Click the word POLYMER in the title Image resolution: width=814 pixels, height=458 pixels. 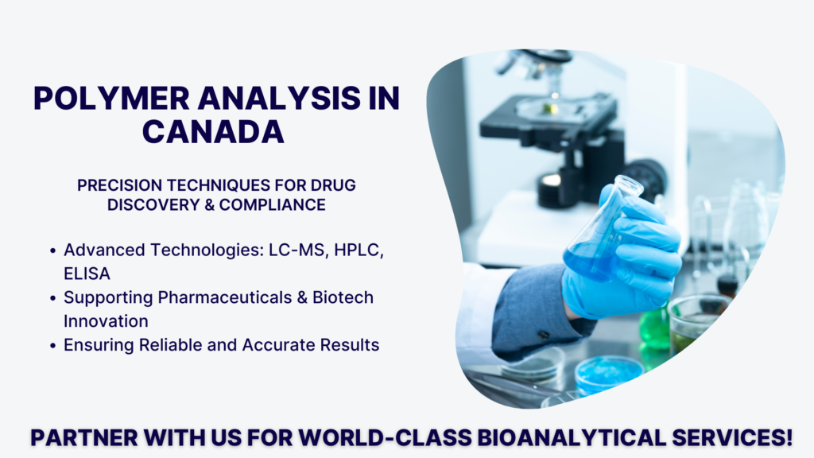coord(111,98)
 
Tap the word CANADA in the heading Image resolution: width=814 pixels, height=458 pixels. coord(213,132)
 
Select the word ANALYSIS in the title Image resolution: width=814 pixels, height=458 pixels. coord(279,98)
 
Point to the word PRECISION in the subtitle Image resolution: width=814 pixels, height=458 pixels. coord(120,185)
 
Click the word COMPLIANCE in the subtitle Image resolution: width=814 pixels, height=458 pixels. coord(273,205)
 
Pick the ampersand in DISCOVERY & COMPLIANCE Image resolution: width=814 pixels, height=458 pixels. coord(210,205)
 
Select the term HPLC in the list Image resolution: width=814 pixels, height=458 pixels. coord(359,250)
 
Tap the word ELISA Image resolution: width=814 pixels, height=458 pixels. coord(87,274)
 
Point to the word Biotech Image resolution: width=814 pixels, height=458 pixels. coord(343,297)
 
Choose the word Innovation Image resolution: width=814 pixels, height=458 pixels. coord(106,321)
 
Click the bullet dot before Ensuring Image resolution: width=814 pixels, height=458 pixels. coord(53,346)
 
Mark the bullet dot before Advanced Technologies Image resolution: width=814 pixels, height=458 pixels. coord(53,250)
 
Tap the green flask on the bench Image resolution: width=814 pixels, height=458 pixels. coord(654,327)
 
